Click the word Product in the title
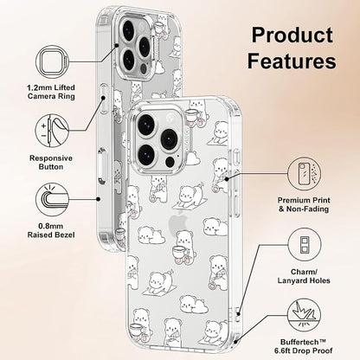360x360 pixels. [292, 35]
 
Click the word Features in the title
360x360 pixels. [292, 61]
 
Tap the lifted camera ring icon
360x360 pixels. [53, 62]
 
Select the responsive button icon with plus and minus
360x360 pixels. [52, 131]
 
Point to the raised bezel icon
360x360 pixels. [52, 200]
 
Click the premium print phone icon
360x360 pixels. [304, 174]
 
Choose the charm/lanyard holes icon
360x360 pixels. [304, 245]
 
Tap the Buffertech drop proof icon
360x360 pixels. [304, 315]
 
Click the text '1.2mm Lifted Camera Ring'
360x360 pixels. [51, 92]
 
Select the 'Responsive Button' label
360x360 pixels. [51, 163]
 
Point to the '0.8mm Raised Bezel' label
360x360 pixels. [51, 230]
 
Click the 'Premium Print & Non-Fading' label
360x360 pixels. [304, 204]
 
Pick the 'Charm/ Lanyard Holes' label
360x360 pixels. [304, 276]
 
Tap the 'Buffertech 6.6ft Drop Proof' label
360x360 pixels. [304, 346]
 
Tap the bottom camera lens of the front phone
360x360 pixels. [147, 154]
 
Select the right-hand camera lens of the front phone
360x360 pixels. [170, 138]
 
